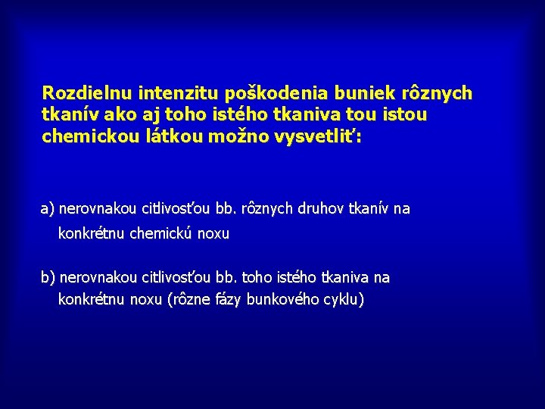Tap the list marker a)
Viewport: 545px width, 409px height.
48,208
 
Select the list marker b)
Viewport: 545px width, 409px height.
48,278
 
